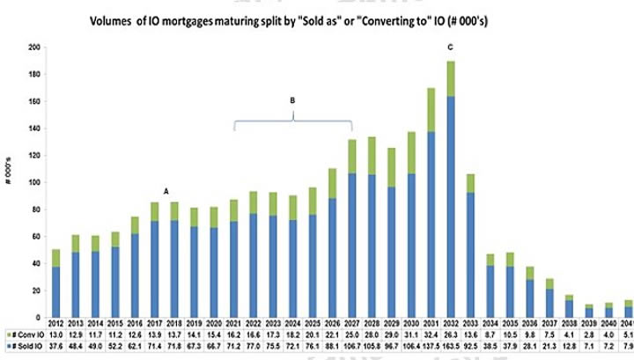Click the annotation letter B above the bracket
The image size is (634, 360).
click(292, 100)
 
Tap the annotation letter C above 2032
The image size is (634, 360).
click(451, 46)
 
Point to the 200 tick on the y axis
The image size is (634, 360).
click(35, 48)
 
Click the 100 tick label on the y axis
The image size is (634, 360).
click(35, 182)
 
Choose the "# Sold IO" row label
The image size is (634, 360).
click(22, 349)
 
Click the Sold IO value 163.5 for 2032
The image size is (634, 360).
click(451, 349)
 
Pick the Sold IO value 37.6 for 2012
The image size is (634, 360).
click(56, 349)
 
